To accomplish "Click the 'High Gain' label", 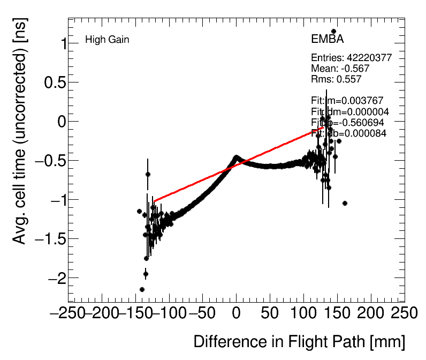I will pyautogui.click(x=107, y=40).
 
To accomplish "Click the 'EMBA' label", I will pyautogui.click(x=327, y=40).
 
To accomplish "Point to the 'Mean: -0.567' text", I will pyautogui.click(x=340, y=69).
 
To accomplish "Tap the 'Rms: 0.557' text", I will pyautogui.click(x=336, y=79).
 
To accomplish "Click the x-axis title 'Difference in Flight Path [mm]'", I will pyautogui.click(x=299, y=342).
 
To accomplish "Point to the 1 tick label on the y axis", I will pyautogui.click(x=60, y=44).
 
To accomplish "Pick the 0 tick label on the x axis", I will pyautogui.click(x=237, y=313).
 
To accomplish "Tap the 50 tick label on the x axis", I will pyautogui.click(x=270, y=313).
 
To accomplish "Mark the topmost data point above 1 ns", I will pyautogui.click(x=333, y=32).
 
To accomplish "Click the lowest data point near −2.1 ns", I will pyautogui.click(x=142, y=289).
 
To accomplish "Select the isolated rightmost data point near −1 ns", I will pyautogui.click(x=345, y=203).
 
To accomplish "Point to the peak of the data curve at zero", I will pyautogui.click(x=236, y=157).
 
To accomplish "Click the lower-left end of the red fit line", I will pyautogui.click(x=155, y=201).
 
